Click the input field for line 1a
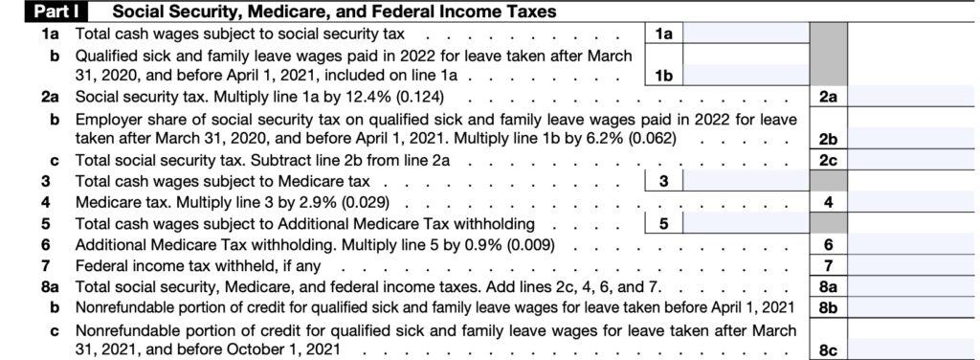coord(745,34)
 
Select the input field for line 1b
coord(745,75)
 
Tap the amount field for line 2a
coord(913,96)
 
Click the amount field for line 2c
coord(913,160)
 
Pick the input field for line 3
coord(745,181)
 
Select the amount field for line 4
coord(913,202)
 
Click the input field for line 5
coord(745,223)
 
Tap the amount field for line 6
coord(913,244)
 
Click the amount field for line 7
coord(913,265)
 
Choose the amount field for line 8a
coord(913,286)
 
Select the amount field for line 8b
coord(913,307)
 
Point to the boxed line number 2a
coord(828,96)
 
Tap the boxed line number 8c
coord(828,350)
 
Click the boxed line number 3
coord(663,181)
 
